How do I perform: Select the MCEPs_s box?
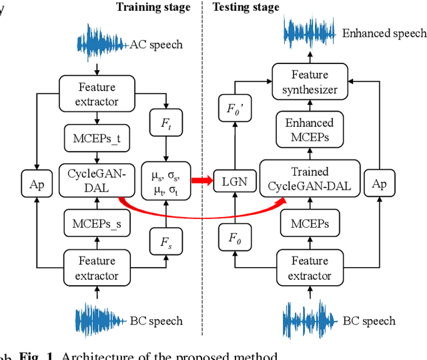tap(97, 224)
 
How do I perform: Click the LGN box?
tap(229, 181)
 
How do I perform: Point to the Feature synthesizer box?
tap(309, 81)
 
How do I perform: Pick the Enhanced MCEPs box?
tap(309, 130)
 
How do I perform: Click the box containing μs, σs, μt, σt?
tap(164, 180)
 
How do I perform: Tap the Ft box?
tap(164, 124)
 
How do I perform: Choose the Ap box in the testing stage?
tap(378, 184)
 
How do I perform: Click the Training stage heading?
tap(153, 8)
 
